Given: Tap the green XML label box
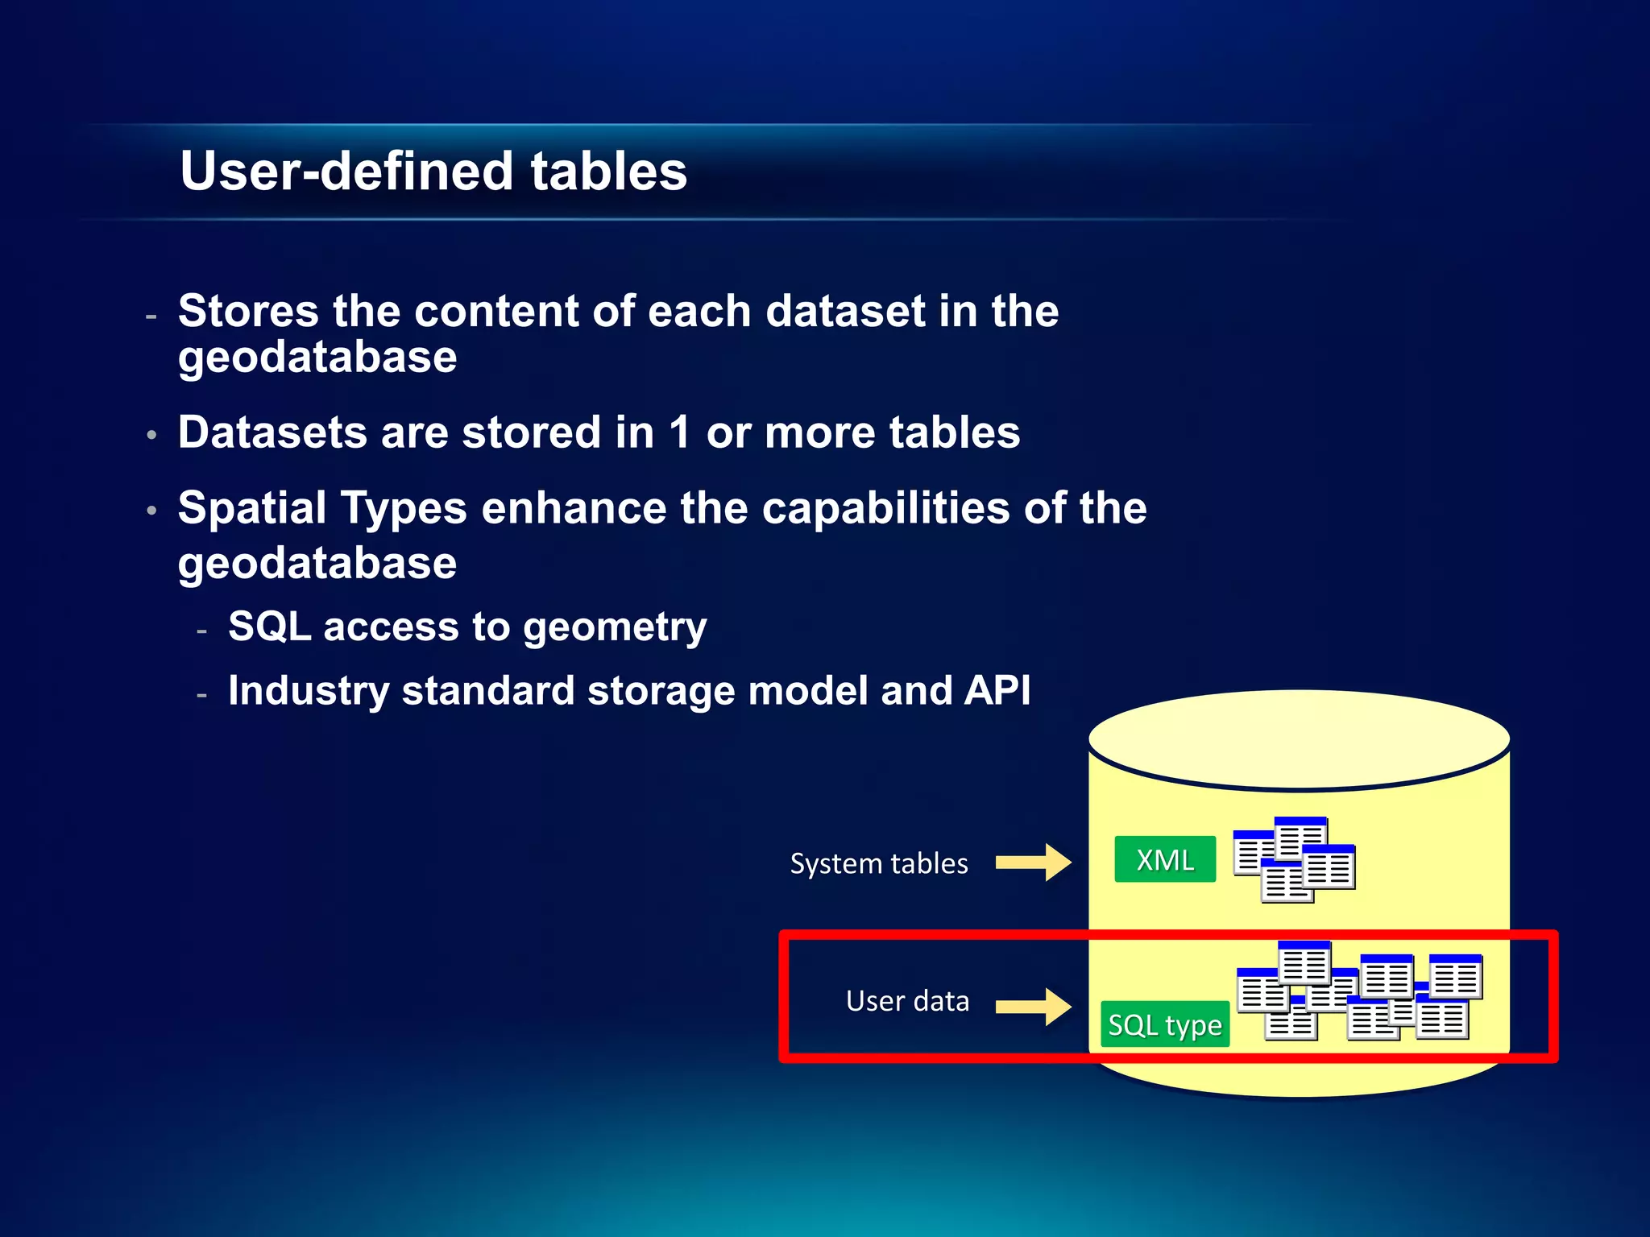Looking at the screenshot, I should pyautogui.click(x=1164, y=859).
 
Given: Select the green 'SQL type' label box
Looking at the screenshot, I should pyautogui.click(x=1164, y=1024).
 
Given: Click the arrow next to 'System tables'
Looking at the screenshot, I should pyautogui.click(x=1033, y=863).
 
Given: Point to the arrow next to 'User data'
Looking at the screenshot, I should pyautogui.click(x=1033, y=1007).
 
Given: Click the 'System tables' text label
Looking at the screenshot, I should pyautogui.click(x=878, y=863).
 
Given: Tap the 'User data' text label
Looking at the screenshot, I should pyautogui.click(x=907, y=1001).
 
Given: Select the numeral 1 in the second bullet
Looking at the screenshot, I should pyautogui.click(x=679, y=432).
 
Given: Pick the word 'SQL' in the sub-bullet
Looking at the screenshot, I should pyautogui.click(x=269, y=626).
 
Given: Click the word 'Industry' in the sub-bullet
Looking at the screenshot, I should pyautogui.click(x=308, y=691).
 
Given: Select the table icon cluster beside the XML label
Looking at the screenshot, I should pyautogui.click(x=1294, y=859).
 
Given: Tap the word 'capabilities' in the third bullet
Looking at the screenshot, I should pyautogui.click(x=885, y=508).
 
